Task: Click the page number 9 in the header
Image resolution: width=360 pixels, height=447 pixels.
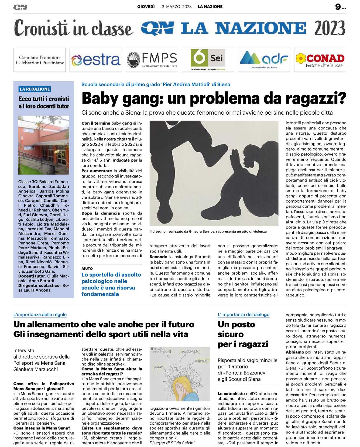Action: [338, 7]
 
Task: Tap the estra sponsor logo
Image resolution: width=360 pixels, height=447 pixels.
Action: [96, 60]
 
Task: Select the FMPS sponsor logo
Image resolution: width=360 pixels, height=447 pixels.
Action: [152, 60]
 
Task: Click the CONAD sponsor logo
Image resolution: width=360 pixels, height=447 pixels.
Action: [320, 60]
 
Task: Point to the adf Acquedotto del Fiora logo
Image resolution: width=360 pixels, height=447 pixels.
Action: [264, 60]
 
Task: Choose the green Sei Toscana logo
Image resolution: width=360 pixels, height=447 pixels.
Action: [208, 59]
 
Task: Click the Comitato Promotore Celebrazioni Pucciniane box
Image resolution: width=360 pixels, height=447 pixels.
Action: [40, 60]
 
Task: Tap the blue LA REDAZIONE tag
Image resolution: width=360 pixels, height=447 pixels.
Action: [35, 89]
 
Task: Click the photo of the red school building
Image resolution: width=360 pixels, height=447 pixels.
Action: [44, 145]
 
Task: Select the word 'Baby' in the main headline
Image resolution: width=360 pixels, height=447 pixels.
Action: [100, 98]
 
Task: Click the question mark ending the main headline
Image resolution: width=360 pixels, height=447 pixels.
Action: [341, 98]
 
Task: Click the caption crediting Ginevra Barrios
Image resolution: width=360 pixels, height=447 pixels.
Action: [208, 231]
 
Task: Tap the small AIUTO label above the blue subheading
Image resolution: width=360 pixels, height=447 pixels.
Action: [87, 268]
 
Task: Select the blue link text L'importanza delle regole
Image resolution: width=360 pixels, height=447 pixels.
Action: [40, 314]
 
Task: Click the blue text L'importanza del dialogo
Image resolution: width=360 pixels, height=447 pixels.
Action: [244, 314]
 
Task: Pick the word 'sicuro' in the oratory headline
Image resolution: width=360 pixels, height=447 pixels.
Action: [231, 334]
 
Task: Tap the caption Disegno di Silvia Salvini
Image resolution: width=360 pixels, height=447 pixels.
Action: [172, 443]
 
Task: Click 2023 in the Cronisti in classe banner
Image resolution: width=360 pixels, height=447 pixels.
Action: [330, 28]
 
